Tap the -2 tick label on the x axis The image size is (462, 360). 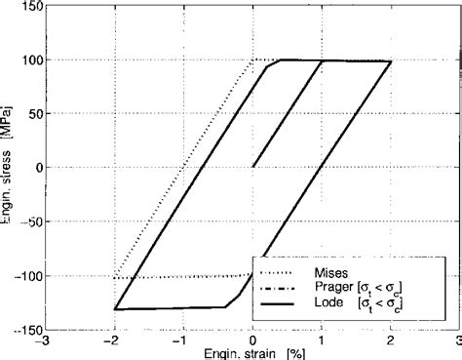[x=113, y=341]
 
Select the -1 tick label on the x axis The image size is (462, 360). [x=182, y=341]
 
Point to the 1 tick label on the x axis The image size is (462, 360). [x=323, y=341]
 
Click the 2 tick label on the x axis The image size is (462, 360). [x=392, y=341]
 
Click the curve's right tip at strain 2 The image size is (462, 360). [x=391, y=61]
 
